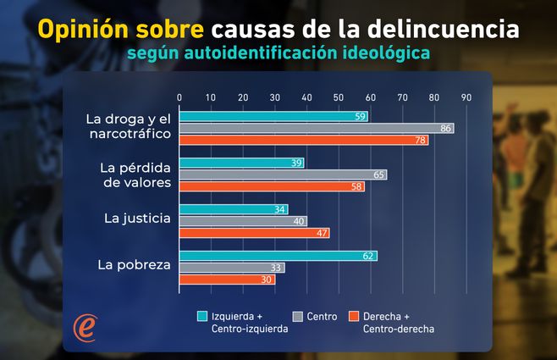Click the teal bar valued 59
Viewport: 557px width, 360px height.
[273, 117]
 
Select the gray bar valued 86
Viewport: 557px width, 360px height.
[317, 128]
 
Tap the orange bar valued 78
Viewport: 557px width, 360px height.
[304, 140]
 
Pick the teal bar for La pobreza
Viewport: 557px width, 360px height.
[278, 256]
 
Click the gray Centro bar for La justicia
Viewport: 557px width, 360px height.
[243, 221]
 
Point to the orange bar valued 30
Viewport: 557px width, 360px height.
[227, 280]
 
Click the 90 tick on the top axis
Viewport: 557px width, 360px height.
[466, 97]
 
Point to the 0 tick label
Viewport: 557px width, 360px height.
[179, 97]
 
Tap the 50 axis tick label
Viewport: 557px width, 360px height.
[339, 97]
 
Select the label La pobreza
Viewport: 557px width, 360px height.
[135, 265]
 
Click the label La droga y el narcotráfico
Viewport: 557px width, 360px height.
[129, 126]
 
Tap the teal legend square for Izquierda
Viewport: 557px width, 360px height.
[202, 317]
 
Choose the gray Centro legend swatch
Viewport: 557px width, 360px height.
[297, 317]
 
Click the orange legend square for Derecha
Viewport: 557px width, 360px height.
[355, 317]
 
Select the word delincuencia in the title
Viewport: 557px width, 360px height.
[446, 30]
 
